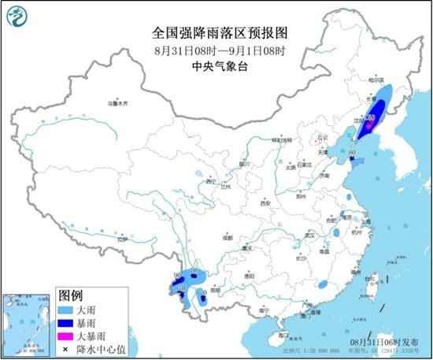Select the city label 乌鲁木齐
117,103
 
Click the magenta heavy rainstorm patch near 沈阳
368,123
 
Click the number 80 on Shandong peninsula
353,153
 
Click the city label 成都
228,236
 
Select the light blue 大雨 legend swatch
66,310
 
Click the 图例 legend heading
72,295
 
